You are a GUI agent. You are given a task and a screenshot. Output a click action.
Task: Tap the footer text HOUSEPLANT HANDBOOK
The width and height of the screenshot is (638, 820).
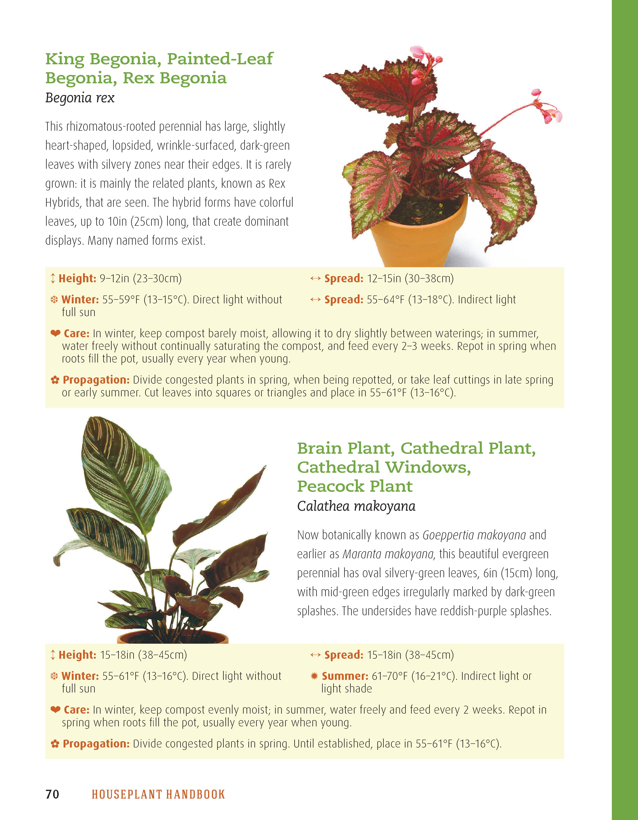158,794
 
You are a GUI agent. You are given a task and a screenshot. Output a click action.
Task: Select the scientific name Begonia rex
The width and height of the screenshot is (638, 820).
80,98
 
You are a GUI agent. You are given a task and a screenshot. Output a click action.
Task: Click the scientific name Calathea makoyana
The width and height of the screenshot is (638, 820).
356,506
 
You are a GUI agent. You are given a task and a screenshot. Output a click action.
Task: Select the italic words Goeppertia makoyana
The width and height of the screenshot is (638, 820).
474,535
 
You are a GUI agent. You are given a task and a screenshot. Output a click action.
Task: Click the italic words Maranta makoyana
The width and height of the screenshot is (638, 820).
388,554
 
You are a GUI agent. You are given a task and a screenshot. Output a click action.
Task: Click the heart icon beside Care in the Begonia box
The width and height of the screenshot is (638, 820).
55,333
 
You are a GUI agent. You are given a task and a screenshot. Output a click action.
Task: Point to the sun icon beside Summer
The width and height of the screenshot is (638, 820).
315,676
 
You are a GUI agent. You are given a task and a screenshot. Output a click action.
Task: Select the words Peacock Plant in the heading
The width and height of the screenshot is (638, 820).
355,486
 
